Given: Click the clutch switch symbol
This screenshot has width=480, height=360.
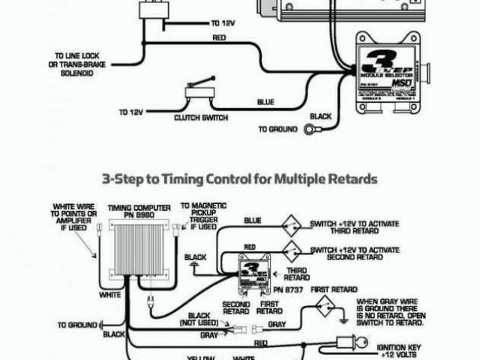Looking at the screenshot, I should (199, 96).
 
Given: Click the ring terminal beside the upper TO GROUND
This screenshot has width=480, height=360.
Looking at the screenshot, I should (310, 129).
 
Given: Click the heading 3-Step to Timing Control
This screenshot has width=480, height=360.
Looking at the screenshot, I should (239, 180).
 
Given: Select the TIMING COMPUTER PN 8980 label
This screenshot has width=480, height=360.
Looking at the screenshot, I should (133, 211).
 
